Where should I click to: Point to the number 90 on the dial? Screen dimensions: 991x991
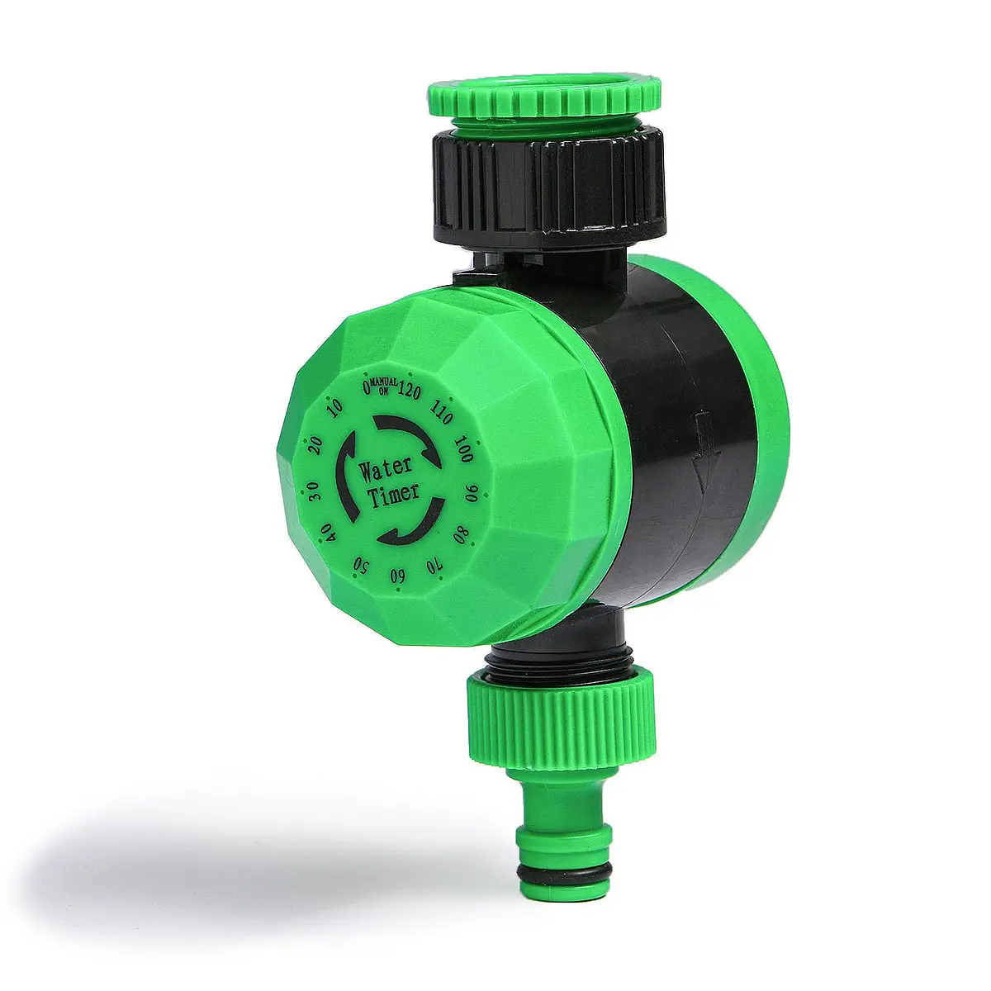pos(471,494)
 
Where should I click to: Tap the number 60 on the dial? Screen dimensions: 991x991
pos(396,576)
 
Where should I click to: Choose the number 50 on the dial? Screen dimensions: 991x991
pos(361,565)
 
